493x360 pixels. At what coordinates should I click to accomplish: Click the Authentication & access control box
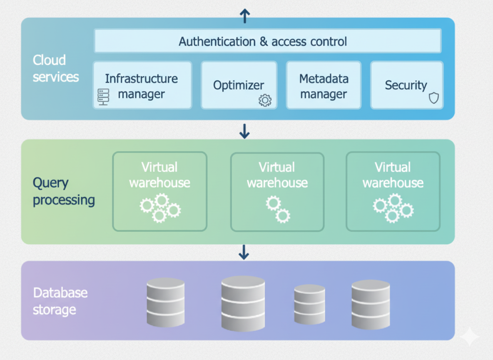click(x=267, y=41)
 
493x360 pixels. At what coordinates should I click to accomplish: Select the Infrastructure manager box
click(x=142, y=85)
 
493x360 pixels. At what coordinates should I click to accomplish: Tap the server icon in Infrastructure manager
click(x=103, y=97)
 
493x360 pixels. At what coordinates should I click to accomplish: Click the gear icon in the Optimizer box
click(x=265, y=100)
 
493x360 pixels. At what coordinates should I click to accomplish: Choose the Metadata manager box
click(x=324, y=85)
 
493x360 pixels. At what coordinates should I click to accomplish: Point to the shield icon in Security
click(x=434, y=98)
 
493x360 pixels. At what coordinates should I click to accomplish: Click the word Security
click(x=406, y=85)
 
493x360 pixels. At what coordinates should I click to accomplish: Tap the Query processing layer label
click(x=64, y=191)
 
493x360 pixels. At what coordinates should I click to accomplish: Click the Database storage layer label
click(x=60, y=301)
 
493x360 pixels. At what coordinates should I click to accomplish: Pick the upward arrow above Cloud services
click(x=244, y=16)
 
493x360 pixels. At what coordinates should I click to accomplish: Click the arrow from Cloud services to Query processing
click(x=244, y=131)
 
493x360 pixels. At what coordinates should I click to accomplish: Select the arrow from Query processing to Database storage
click(x=244, y=252)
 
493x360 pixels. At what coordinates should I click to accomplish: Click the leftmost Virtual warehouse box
click(x=159, y=191)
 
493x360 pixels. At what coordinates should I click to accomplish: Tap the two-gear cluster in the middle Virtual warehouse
click(x=278, y=209)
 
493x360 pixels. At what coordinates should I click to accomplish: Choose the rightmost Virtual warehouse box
click(x=393, y=191)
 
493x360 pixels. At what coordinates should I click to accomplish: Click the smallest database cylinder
click(x=309, y=304)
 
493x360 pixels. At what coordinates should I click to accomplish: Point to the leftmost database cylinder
click(x=165, y=302)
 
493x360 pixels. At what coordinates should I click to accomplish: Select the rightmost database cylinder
click(x=371, y=304)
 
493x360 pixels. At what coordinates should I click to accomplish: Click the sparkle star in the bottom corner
click(x=469, y=336)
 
